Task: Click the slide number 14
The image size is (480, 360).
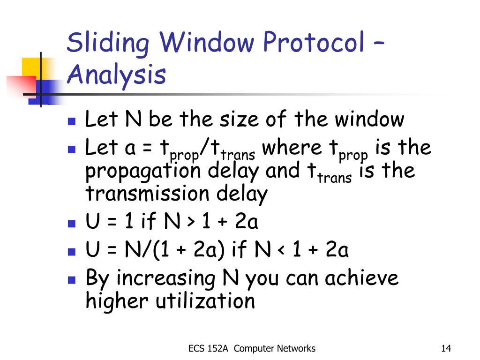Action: pyautogui.click(x=446, y=348)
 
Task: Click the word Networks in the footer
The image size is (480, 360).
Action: pyautogui.click(x=295, y=348)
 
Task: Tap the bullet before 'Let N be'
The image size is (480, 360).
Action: pyautogui.click(x=72, y=121)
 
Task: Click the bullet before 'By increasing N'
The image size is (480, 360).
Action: pyautogui.click(x=72, y=280)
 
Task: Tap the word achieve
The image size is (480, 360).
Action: pyautogui.click(x=361, y=277)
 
